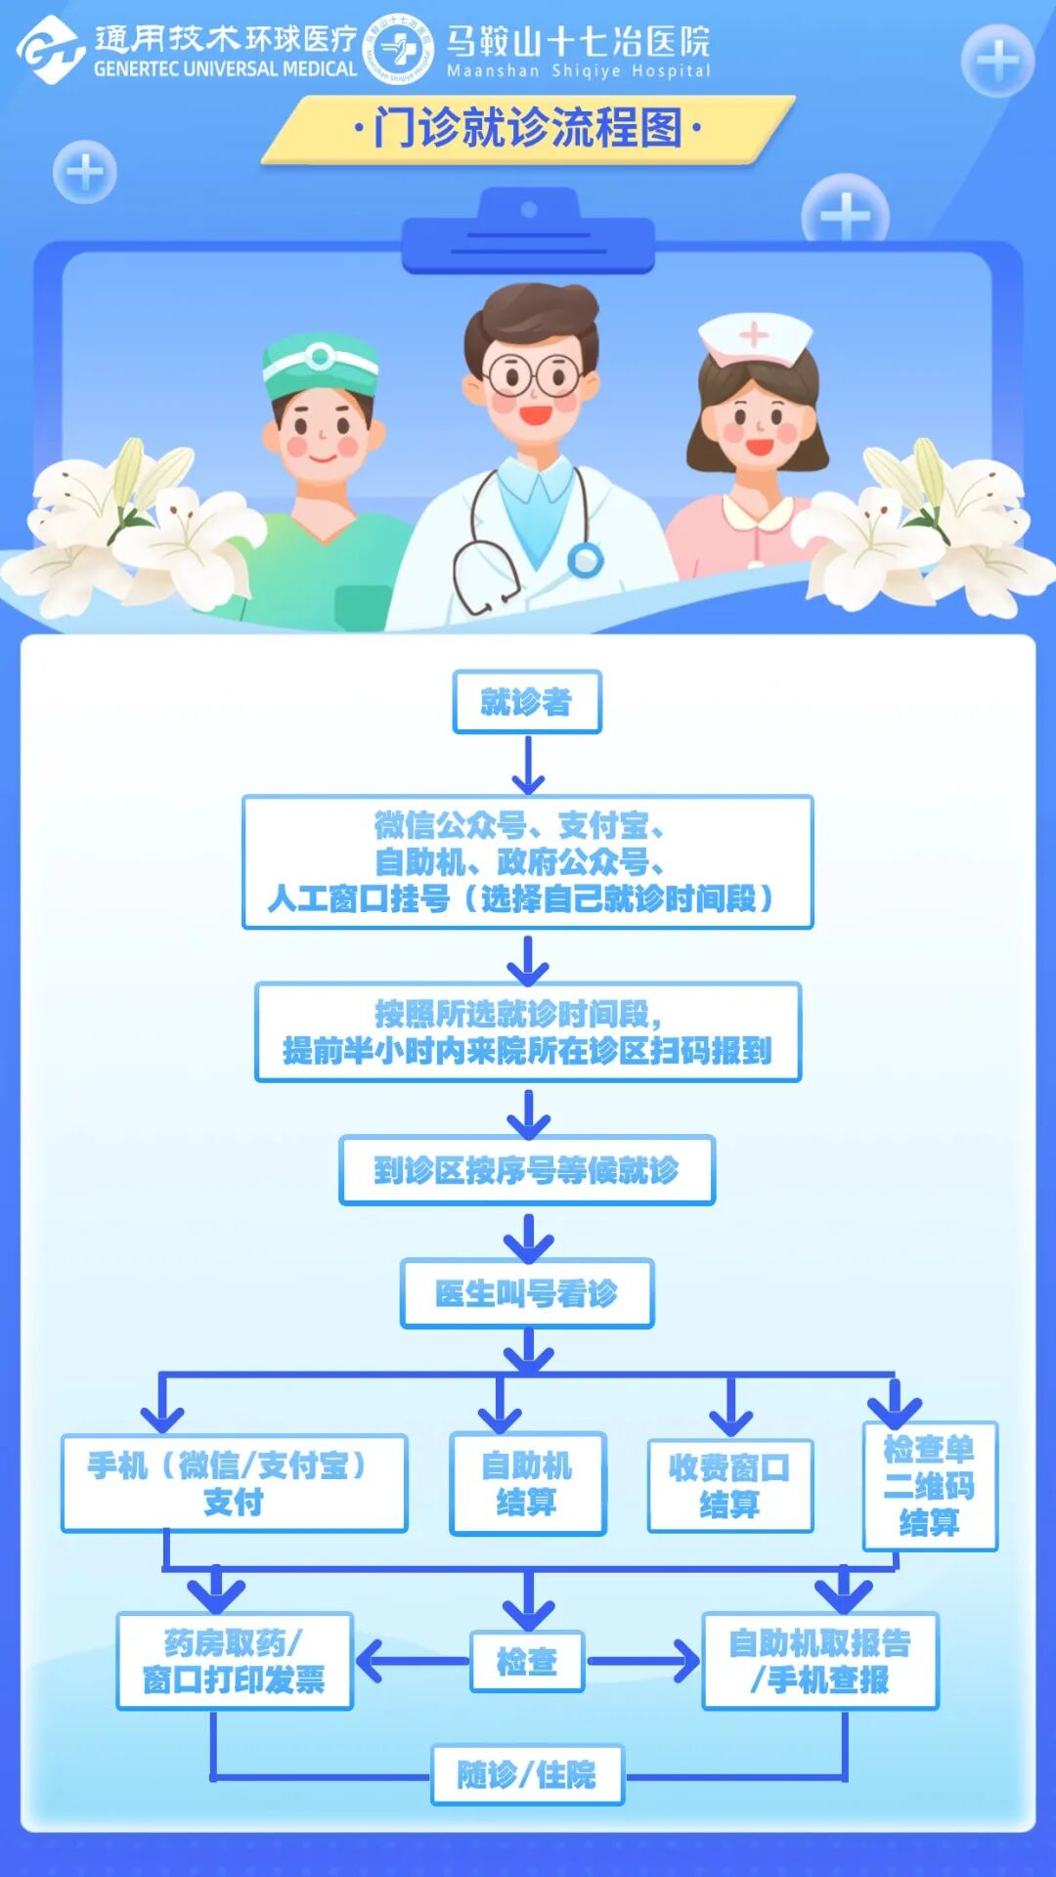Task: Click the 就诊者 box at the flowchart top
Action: (x=526, y=701)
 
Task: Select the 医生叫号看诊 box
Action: (x=526, y=1293)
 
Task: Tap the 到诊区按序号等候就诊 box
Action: (x=526, y=1169)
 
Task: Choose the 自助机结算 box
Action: (x=527, y=1483)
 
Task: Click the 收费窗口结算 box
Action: (x=729, y=1485)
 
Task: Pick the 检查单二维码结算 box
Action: (x=929, y=1486)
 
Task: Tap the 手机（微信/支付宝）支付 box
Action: (x=234, y=1483)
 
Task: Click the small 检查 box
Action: (x=527, y=1661)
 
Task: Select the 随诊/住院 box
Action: (x=527, y=1774)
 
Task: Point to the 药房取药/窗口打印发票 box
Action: (x=234, y=1661)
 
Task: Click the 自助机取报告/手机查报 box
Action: (x=819, y=1661)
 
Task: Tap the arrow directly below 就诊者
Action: (x=528, y=764)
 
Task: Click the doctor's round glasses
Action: (x=533, y=374)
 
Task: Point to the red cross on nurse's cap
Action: (x=754, y=335)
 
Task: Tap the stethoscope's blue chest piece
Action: (x=586, y=560)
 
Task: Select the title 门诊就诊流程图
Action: (x=527, y=128)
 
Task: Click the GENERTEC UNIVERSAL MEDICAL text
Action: (x=226, y=69)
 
